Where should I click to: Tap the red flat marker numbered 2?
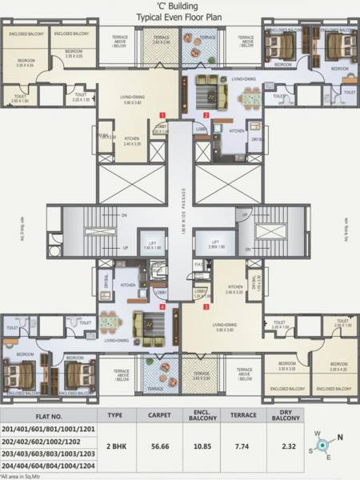tap(206, 114)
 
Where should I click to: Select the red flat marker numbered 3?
tap(206, 306)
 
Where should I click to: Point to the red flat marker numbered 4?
tap(162, 306)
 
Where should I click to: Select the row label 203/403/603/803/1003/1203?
tap(48, 450)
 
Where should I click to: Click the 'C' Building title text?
tap(179, 6)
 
